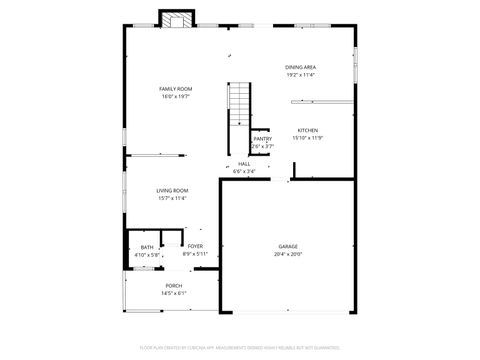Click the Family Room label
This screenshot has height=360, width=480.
tap(174, 89)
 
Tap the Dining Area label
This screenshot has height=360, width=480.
tap(301, 67)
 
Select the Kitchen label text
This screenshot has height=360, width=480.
tap(307, 131)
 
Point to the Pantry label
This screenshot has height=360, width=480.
tap(262, 139)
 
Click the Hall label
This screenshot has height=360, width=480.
tap(244, 164)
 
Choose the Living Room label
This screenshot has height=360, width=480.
tap(172, 190)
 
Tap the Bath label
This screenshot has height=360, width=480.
tap(147, 247)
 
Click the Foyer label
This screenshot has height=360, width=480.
tap(195, 246)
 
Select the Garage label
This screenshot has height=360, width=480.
tap(288, 246)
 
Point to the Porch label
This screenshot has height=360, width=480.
tap(174, 286)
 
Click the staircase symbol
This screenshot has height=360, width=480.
tap(239, 104)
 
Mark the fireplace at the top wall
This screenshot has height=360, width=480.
tap(177, 19)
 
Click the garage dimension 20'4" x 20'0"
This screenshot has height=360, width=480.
tap(288, 254)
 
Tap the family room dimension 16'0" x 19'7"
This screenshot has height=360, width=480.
tap(174, 97)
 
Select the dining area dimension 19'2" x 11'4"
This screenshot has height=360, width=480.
tap(301, 75)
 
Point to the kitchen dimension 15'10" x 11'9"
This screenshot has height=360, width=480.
tap(307, 138)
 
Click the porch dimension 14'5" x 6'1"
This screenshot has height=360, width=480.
tap(174, 294)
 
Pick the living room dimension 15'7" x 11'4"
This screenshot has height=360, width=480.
tap(172, 198)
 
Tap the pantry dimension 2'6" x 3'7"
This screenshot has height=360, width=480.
tap(262, 147)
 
